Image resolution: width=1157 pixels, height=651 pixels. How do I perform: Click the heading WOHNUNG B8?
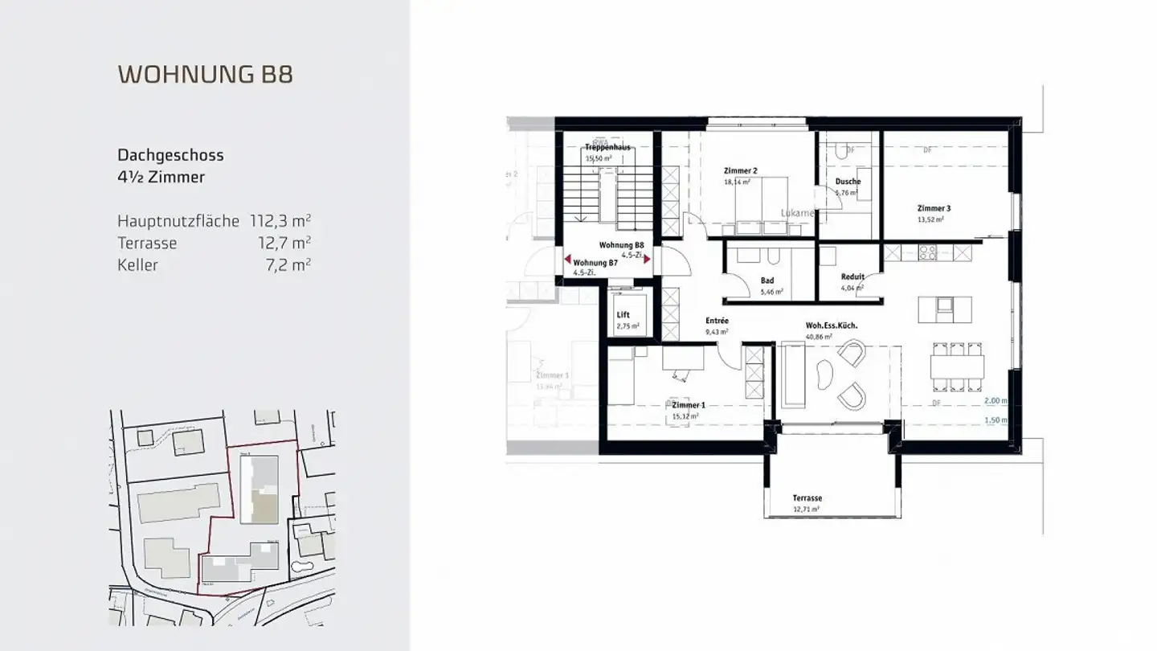[x=205, y=74]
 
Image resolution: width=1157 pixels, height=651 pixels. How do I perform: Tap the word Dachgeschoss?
[x=170, y=155]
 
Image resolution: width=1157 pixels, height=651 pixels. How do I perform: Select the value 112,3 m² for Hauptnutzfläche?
[x=280, y=221]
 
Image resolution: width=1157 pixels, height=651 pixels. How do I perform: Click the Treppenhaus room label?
[x=607, y=148]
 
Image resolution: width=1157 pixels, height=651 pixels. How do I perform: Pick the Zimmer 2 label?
[x=740, y=170]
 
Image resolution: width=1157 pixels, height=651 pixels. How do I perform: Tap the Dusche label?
[x=847, y=182]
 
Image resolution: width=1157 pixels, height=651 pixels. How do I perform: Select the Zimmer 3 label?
[x=934, y=208]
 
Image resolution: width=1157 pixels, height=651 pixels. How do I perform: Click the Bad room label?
[x=767, y=280]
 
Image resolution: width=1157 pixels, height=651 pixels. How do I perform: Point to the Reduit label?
[x=852, y=276]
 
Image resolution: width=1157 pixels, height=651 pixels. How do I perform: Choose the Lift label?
[x=623, y=315]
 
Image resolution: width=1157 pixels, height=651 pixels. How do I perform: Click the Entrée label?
[x=717, y=321]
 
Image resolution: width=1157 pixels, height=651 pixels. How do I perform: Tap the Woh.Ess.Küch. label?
[x=832, y=325]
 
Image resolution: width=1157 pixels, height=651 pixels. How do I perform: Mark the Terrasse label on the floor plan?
[x=807, y=498]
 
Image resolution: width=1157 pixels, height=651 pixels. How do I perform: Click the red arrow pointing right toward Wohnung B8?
[x=647, y=260]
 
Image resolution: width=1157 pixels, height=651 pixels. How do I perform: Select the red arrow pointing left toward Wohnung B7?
[x=568, y=260]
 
